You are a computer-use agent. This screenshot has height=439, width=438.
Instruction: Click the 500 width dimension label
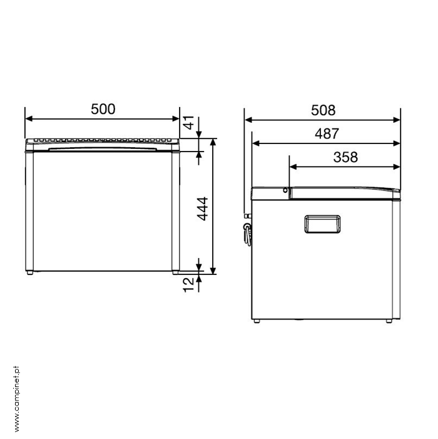coord(103,109)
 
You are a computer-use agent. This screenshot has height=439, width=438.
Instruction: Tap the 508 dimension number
coord(323,110)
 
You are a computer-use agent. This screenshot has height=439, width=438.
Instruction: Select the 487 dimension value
coord(327,134)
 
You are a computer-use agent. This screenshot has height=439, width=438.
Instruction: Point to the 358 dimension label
coord(345,157)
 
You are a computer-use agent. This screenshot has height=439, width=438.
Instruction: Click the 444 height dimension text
coord(203,209)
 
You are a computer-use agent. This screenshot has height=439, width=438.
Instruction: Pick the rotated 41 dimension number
coord(189,122)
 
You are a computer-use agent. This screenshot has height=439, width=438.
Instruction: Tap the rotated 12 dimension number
coord(188,285)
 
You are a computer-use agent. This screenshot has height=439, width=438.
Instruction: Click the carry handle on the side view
coord(322,224)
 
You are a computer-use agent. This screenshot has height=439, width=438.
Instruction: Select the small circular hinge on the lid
coord(285,190)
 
